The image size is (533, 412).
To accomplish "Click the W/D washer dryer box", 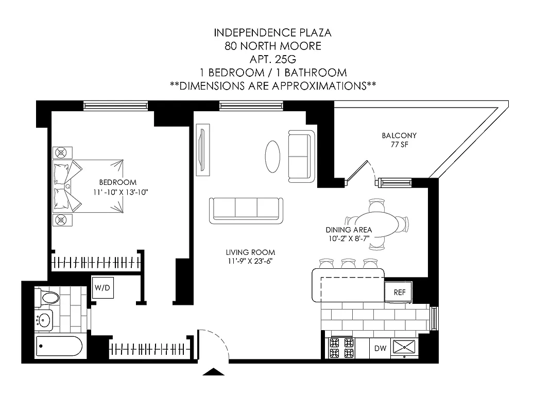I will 102,288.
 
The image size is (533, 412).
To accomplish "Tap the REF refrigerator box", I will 399,292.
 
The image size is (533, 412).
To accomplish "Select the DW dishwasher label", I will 380,349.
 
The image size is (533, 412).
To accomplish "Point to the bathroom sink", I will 45,320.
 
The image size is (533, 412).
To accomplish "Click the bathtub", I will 59,346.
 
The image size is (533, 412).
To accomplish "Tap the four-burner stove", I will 341,348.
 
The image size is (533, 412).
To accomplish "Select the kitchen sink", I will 405,347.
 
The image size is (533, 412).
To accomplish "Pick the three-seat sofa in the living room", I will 246,210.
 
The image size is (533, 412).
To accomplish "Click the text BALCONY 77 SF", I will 399,140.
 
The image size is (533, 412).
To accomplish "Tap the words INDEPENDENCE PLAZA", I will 272,32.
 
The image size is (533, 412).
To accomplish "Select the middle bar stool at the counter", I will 349,264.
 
